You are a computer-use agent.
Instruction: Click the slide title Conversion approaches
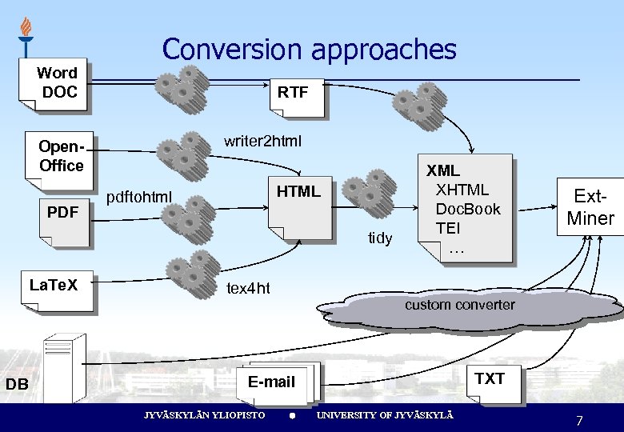tap(309, 50)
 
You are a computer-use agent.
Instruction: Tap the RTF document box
tap(294, 94)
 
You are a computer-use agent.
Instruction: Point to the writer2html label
tap(263, 142)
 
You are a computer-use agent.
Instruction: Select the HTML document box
tap(298, 204)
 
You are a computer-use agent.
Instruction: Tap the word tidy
tap(380, 238)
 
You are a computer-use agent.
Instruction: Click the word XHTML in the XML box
tap(462, 190)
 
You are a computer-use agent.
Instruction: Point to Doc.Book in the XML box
tap(467, 209)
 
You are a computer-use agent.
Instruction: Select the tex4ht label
tap(248, 288)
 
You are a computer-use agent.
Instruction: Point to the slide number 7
tap(579, 421)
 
